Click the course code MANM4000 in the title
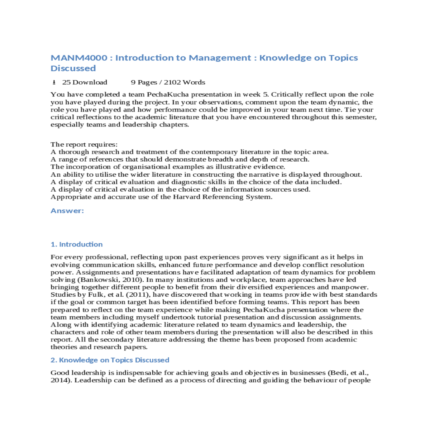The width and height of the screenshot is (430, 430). click(79, 58)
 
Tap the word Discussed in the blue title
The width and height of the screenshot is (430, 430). click(73, 68)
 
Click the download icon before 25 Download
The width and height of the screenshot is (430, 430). click(54, 82)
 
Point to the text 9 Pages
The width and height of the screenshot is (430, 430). click(144, 82)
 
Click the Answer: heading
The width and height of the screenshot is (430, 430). click(67, 211)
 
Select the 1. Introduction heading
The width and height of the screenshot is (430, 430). click(76, 244)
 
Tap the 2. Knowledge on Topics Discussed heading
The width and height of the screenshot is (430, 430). click(110, 360)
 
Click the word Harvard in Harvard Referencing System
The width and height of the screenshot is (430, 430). click(186, 197)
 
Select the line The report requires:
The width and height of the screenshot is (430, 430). click(84, 144)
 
